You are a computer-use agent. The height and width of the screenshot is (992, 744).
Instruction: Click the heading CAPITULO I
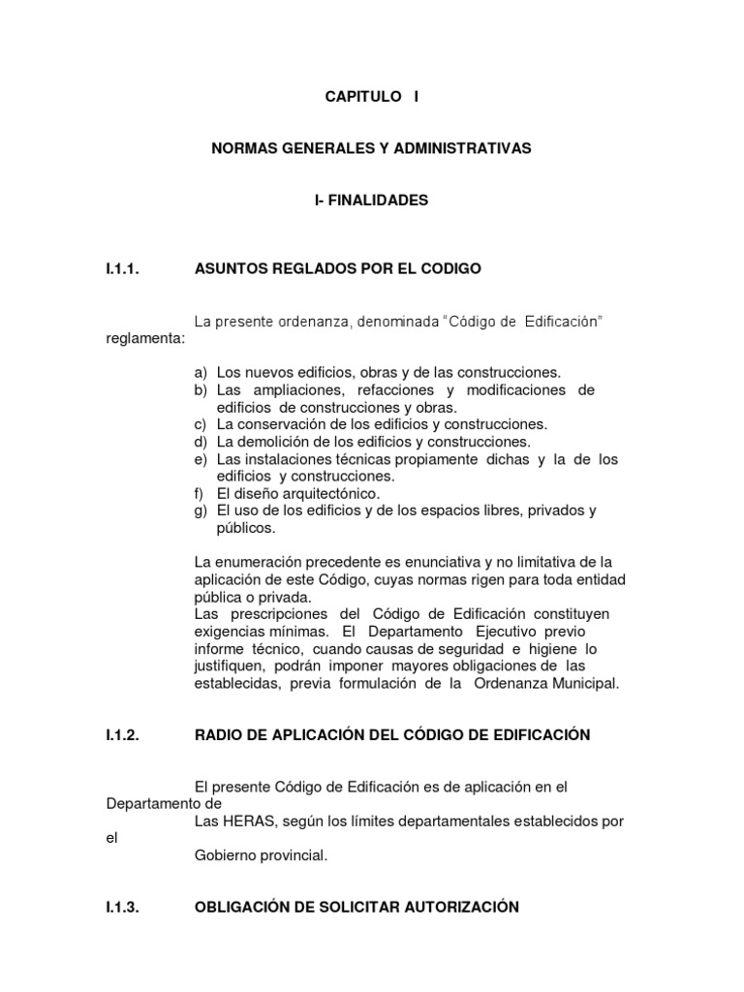coord(372,98)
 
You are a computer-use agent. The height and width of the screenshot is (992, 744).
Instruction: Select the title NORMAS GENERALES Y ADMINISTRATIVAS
coord(371,149)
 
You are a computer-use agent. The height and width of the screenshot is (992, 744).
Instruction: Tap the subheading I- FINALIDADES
coord(371,201)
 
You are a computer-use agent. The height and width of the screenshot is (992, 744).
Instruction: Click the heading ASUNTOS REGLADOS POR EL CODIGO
coord(337,268)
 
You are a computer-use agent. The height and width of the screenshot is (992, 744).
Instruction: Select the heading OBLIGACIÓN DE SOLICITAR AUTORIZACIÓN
coord(356,907)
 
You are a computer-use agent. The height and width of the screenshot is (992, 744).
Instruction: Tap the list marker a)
coord(201,372)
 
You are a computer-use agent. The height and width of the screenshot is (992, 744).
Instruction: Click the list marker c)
coord(201,424)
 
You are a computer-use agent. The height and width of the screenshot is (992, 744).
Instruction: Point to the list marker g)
coord(201,511)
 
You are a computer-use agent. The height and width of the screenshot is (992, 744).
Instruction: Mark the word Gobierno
coord(225,855)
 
